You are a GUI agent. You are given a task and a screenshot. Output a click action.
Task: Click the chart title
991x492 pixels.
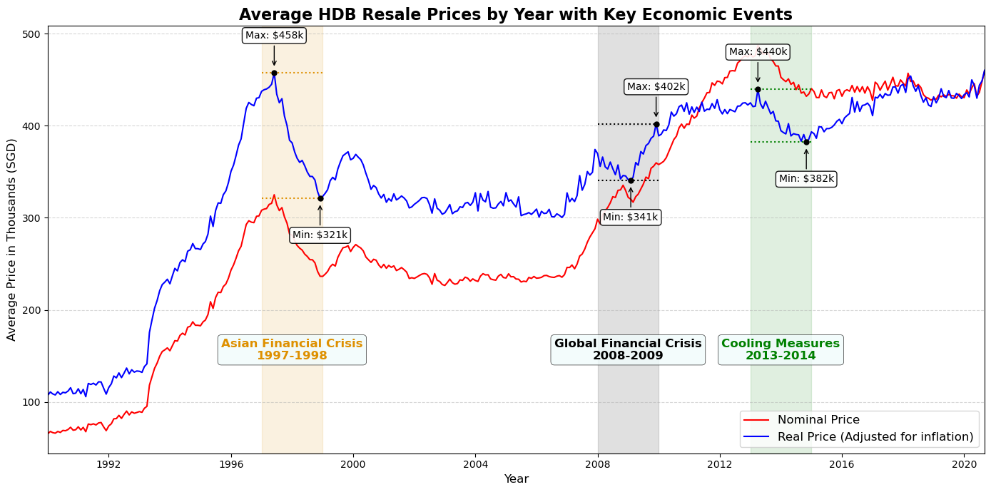[515, 14]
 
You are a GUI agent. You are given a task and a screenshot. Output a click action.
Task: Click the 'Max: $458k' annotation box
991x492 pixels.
[274, 36]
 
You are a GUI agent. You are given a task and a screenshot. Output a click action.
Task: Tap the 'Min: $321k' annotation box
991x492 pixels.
[320, 235]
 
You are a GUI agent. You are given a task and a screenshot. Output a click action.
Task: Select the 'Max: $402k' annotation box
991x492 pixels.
[656, 87]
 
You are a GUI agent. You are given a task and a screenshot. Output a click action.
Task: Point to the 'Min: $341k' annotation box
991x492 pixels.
[630, 217]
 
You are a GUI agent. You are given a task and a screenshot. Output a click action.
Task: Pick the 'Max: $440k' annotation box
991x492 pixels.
[758, 52]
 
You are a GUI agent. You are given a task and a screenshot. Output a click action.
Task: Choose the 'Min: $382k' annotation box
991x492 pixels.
[806, 179]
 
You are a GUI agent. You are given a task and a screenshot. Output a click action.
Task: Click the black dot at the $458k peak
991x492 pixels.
[274, 73]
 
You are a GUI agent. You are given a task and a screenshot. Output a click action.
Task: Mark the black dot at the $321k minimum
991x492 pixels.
[320, 198]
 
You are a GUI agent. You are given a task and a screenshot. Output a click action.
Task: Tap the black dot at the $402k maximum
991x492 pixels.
[656, 124]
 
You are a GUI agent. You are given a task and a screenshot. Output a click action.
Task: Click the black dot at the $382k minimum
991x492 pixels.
[806, 142]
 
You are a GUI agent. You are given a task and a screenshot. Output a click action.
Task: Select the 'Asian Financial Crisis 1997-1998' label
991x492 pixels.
[292, 349]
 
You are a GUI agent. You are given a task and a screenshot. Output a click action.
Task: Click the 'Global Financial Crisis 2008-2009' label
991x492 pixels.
[628, 349]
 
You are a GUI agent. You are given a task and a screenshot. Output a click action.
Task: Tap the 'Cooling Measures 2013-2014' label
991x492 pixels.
[781, 349]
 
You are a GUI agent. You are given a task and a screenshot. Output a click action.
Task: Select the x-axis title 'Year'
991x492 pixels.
[516, 479]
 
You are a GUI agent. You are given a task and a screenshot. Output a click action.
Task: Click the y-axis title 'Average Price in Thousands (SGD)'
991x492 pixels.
[11, 240]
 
